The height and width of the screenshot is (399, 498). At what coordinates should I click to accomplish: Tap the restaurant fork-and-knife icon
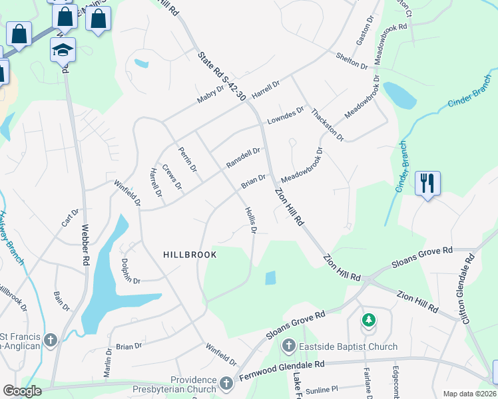[x=426, y=182]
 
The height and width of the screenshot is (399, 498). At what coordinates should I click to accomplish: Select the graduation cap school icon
[x=63, y=50]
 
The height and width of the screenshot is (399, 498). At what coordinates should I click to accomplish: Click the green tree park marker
[x=368, y=321]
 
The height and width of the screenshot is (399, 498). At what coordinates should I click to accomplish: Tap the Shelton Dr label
[x=352, y=61]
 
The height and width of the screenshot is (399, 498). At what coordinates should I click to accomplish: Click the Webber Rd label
[x=85, y=245]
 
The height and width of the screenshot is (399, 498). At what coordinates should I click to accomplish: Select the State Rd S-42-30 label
[x=222, y=74]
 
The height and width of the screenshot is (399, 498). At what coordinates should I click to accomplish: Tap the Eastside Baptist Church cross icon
[x=288, y=346]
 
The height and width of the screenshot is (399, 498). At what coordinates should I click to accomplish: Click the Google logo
[x=22, y=391]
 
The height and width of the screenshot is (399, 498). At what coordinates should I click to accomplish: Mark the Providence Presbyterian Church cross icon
[x=226, y=384]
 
